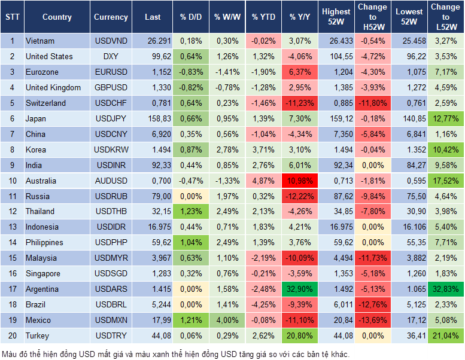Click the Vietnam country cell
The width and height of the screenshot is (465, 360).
tap(40, 41)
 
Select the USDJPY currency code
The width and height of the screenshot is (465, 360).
tap(111, 118)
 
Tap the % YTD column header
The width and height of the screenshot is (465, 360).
tap(263, 17)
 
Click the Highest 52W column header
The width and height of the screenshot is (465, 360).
tap(336, 17)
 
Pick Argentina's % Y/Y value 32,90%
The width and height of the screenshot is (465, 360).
tap(300, 289)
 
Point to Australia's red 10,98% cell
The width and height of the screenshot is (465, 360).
tap(300, 181)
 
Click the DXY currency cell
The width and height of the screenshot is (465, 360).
tap(111, 57)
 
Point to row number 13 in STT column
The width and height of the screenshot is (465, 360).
tap(12, 227)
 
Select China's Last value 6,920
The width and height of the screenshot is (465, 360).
tap(153, 134)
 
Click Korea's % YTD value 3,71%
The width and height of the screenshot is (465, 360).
tap(263, 150)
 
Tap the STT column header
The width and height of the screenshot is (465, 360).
tap(12, 17)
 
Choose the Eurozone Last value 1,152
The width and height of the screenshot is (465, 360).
tap(153, 72)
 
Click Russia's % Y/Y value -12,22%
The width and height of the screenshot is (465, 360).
tap(300, 196)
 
